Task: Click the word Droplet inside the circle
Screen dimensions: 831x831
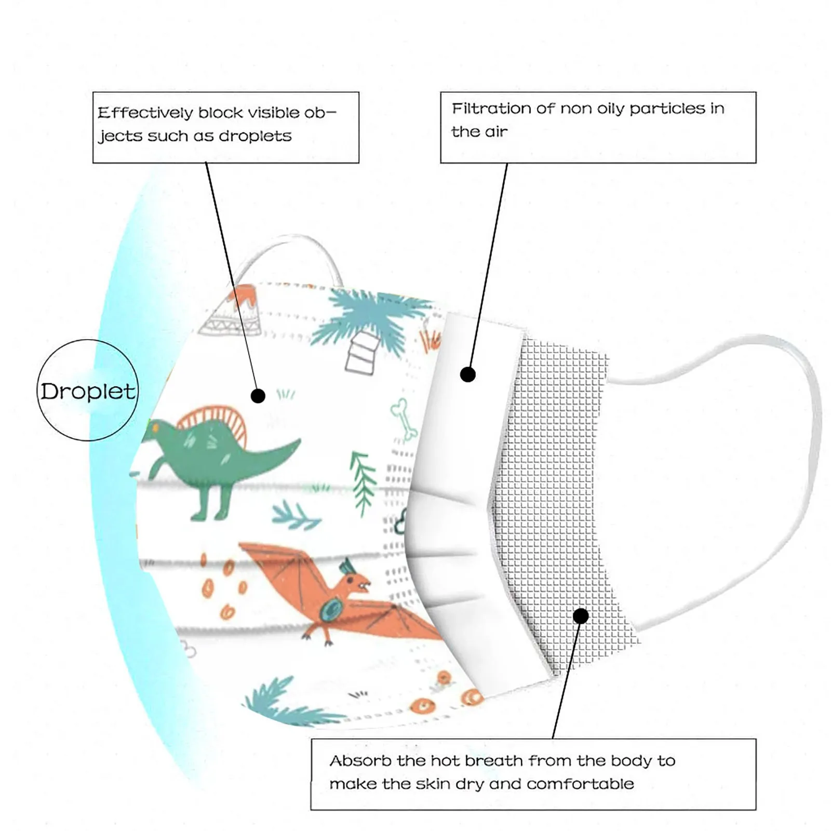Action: point(87,391)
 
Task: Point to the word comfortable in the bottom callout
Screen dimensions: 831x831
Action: point(580,784)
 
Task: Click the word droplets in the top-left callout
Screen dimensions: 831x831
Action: point(255,136)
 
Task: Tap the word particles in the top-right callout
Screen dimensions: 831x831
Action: point(667,109)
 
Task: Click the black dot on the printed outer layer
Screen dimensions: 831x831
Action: point(258,396)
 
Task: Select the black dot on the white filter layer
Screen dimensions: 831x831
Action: point(468,374)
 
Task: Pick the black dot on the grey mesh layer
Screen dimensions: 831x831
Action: point(581,616)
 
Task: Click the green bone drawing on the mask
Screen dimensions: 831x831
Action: point(404,418)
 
